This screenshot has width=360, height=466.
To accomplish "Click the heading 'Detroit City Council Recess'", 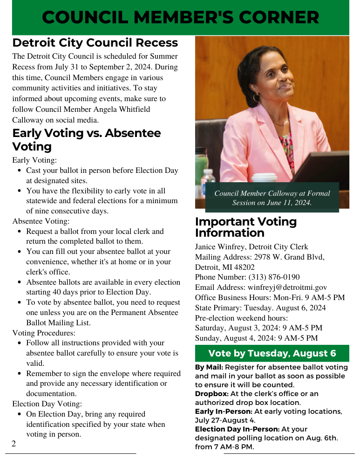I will (95, 43).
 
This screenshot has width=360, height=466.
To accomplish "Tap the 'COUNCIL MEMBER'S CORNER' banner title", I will (181, 18).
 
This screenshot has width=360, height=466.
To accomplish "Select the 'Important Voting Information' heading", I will (245, 227).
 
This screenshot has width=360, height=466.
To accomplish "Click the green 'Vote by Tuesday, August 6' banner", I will (272, 353).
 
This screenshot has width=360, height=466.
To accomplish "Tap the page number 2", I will (14, 444).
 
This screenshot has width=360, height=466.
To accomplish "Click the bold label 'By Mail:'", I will (209, 367).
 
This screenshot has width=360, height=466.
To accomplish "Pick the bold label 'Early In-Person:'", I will (224, 411).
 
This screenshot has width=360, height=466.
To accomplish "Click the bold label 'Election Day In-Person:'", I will (237, 429).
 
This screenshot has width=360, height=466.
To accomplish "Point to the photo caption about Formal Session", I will (272, 198).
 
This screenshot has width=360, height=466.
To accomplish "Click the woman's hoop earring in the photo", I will (257, 97).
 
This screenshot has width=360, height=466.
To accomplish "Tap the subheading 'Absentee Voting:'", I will (41, 221).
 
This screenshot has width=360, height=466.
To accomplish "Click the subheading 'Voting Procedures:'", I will (44, 333).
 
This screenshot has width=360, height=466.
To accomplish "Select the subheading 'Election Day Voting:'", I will (47, 404).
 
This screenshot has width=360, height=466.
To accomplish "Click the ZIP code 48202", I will (243, 267).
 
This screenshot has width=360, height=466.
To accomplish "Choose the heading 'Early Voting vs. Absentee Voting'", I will (87, 139).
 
